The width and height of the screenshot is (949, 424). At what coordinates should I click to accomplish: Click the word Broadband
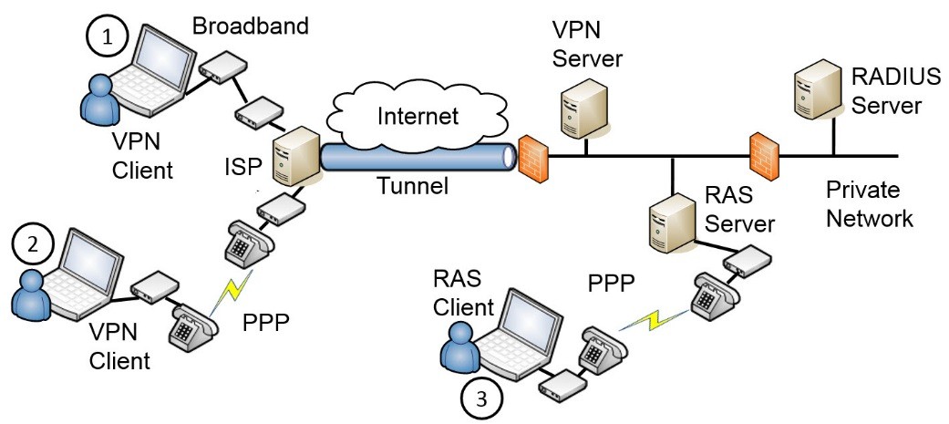click(x=251, y=25)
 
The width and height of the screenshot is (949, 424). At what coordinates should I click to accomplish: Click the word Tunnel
click(x=414, y=188)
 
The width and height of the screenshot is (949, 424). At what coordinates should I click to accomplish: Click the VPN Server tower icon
click(x=584, y=107)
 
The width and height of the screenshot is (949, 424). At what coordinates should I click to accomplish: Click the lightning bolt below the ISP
click(x=232, y=290)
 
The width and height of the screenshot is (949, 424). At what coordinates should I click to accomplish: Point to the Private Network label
click(x=868, y=204)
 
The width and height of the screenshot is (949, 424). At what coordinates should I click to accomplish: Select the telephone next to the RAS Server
click(x=713, y=295)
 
